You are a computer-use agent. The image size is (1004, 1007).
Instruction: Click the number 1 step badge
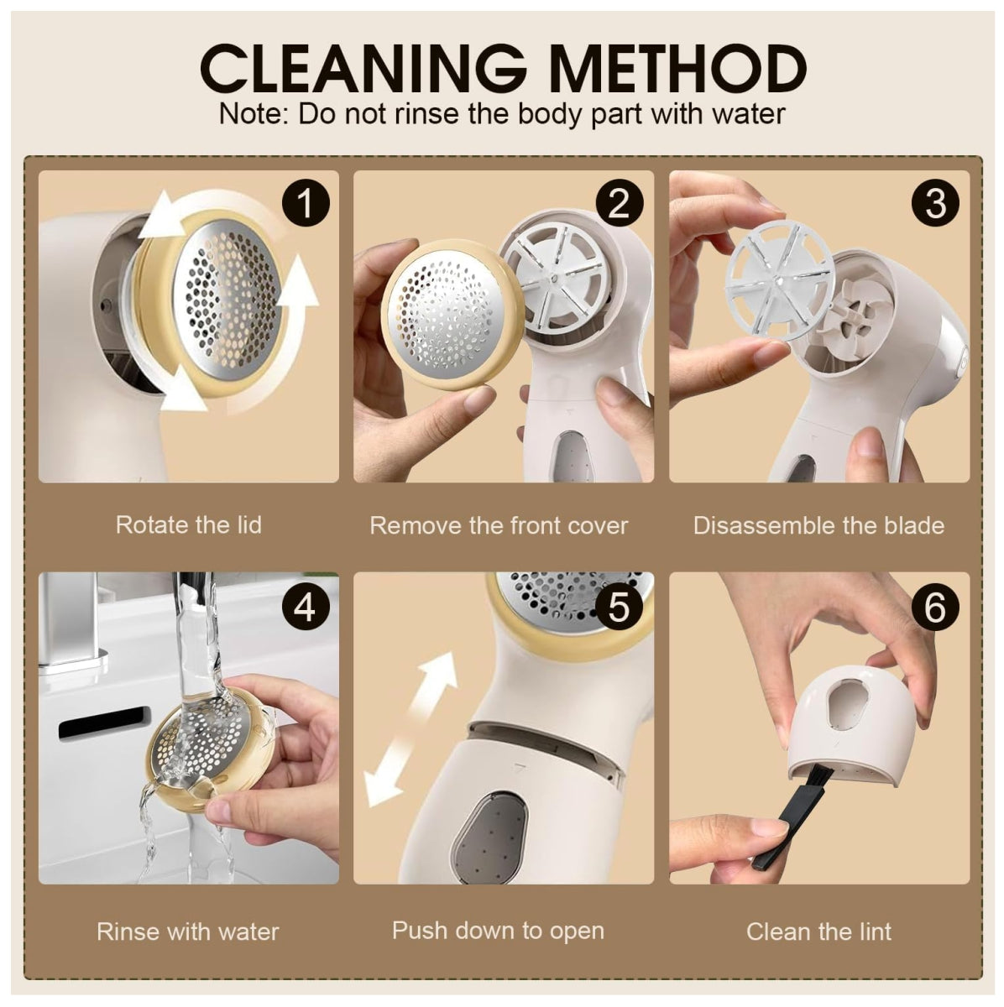[x=306, y=203]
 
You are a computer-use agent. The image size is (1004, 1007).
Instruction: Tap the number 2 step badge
[x=620, y=203]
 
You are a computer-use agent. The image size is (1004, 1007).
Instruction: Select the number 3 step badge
[x=935, y=203]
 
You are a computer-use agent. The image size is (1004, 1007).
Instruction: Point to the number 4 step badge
[x=306, y=607]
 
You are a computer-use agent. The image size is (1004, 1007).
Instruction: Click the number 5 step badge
[x=620, y=607]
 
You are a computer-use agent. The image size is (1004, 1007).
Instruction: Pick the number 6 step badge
[x=935, y=607]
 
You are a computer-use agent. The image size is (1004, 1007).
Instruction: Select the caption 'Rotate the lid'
[x=189, y=524]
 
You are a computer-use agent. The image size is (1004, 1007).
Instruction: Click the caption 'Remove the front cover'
[x=499, y=525]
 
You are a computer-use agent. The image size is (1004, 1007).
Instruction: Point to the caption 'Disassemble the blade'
[x=818, y=525]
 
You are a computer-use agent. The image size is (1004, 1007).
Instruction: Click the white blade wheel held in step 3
[x=780, y=279]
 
